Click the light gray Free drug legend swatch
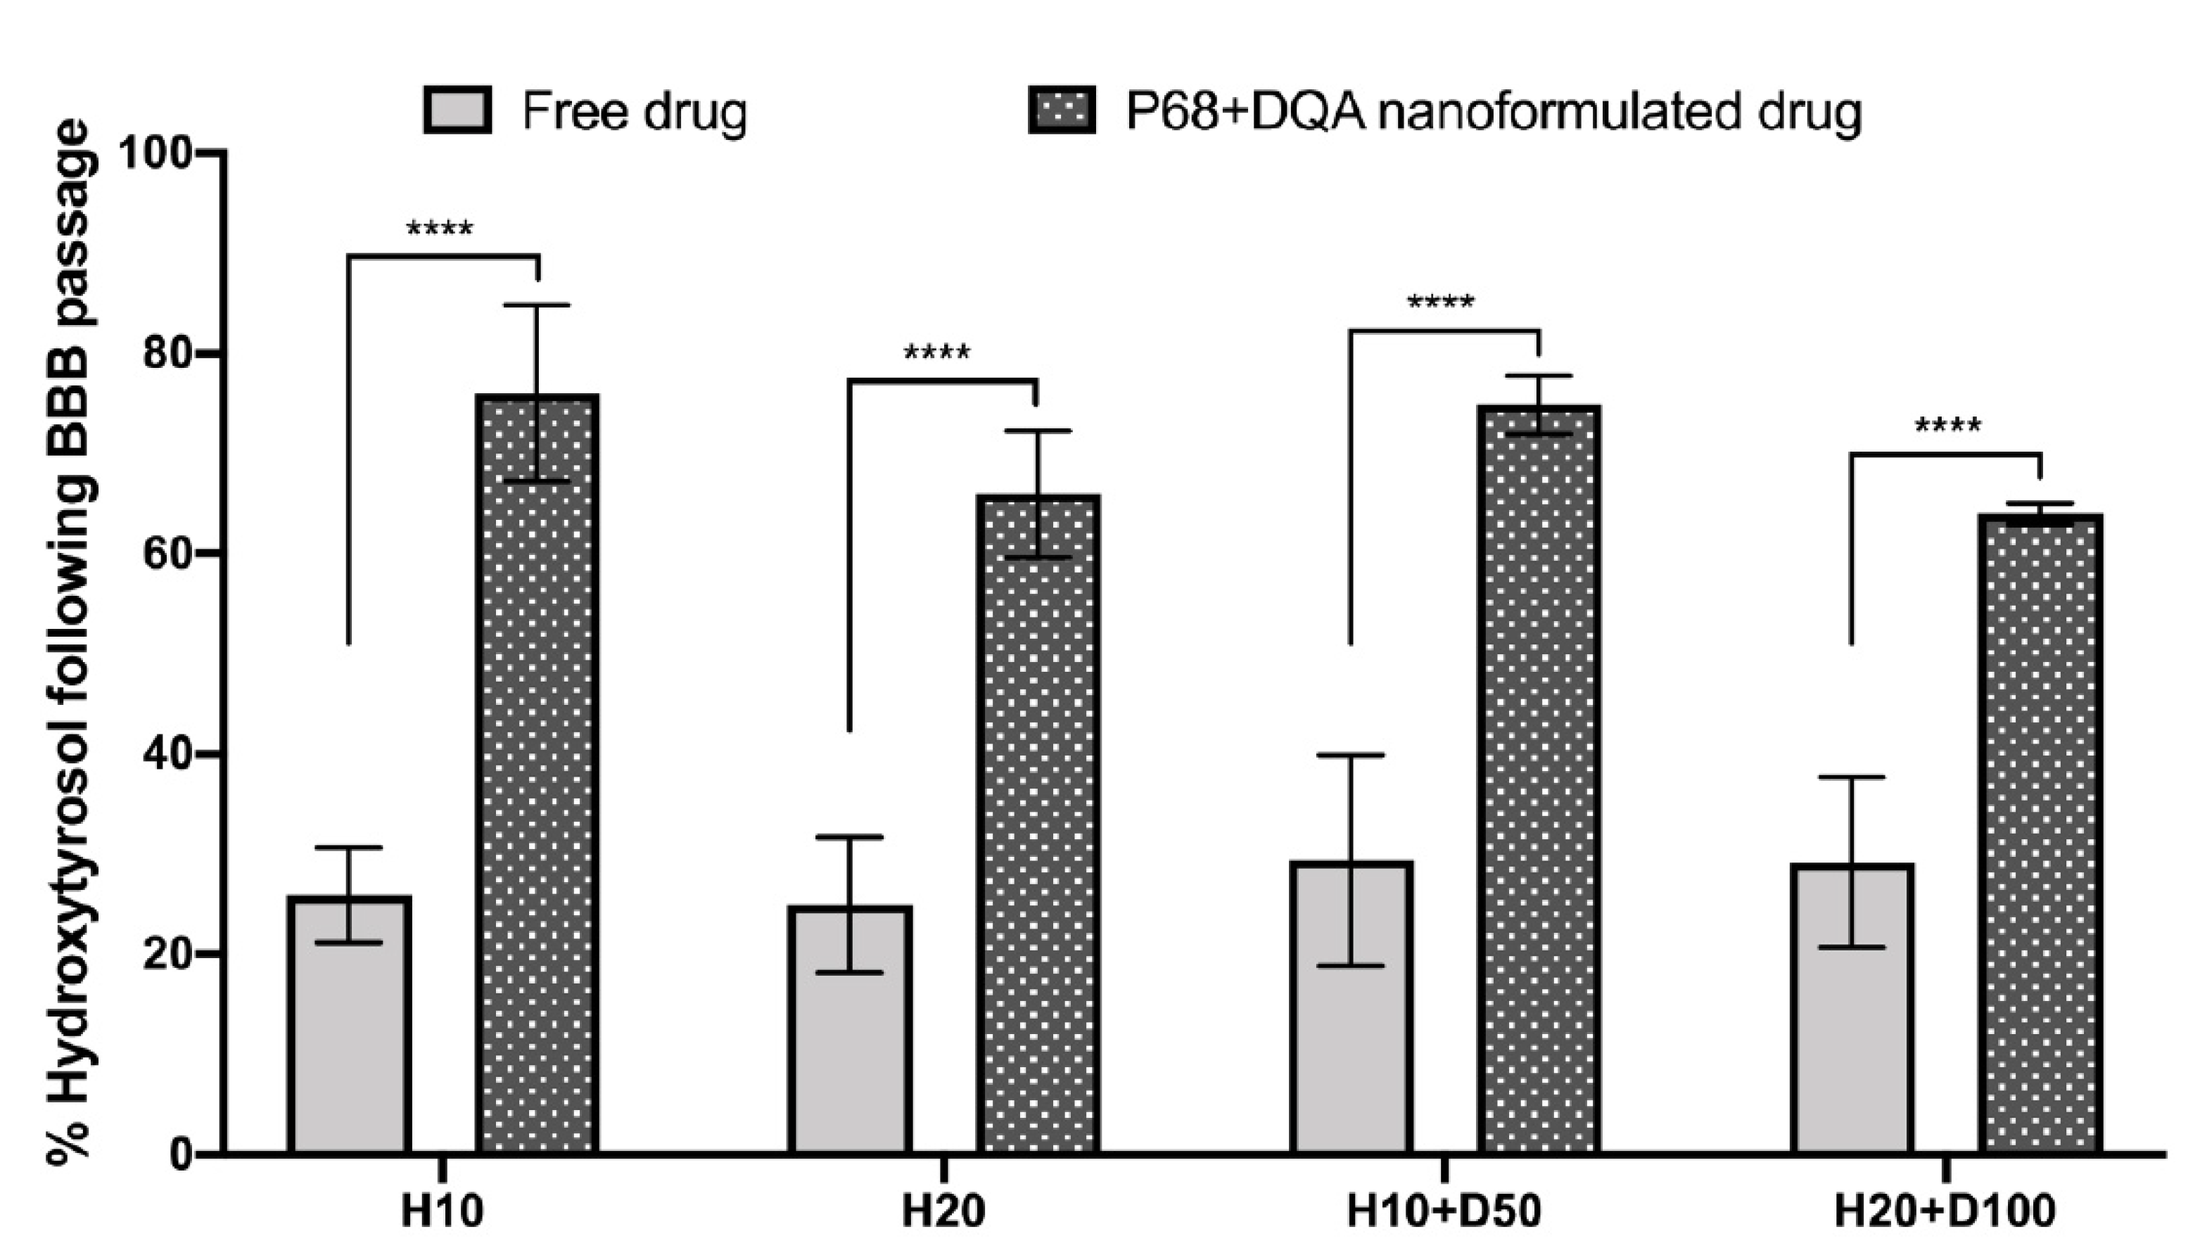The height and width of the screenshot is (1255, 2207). tap(457, 110)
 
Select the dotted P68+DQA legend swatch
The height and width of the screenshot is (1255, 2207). tap(1062, 110)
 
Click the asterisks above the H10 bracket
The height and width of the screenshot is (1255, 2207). tap(440, 230)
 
